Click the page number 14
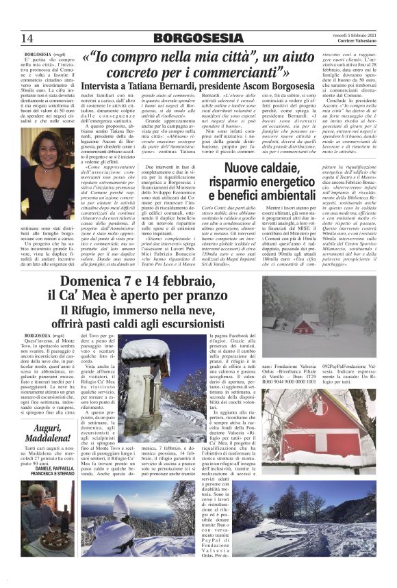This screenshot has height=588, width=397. pos(27,37)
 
